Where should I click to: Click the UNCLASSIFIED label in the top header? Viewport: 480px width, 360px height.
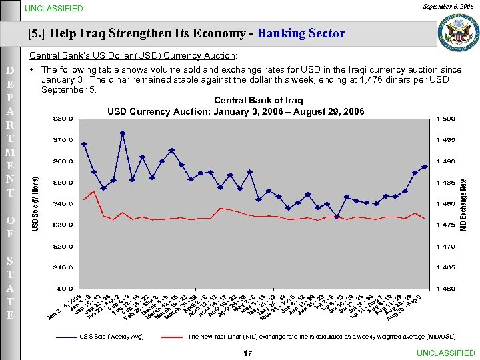(54, 9)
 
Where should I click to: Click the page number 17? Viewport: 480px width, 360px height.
(248, 353)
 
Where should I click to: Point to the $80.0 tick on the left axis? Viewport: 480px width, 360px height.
(63, 119)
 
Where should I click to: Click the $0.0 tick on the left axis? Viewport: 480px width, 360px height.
(65, 289)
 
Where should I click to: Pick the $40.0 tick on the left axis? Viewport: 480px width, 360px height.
(63, 203)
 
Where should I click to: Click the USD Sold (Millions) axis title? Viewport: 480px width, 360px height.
(37, 204)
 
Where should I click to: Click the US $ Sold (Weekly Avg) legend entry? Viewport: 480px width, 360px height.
(111, 337)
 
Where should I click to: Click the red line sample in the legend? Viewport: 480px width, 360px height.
(171, 337)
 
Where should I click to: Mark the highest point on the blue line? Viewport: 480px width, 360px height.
(123, 133)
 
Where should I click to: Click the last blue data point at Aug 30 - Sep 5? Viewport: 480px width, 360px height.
(425, 167)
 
